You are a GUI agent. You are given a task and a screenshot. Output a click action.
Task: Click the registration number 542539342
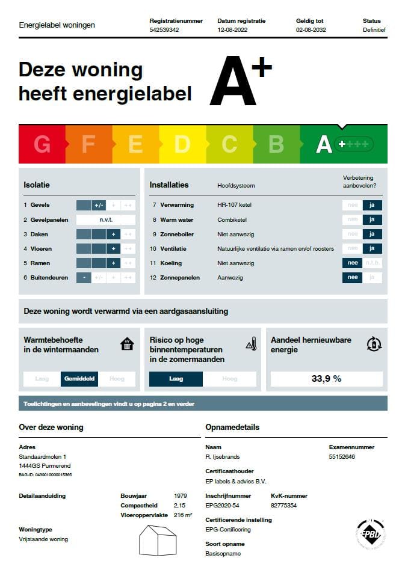click(x=164, y=29)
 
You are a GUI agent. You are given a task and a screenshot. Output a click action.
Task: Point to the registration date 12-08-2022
click(x=233, y=29)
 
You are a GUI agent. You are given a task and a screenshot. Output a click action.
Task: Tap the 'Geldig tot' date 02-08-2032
click(x=311, y=29)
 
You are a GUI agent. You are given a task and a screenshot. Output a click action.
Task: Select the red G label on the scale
click(x=42, y=144)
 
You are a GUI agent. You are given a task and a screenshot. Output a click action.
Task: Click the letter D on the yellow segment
click(x=182, y=144)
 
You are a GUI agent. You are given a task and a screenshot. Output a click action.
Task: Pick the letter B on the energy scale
click(x=276, y=144)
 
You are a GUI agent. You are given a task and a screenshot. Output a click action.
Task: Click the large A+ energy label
click(x=240, y=82)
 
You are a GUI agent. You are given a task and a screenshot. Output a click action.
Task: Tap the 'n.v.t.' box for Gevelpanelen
click(x=106, y=219)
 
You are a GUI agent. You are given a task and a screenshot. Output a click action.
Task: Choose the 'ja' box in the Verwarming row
click(x=372, y=205)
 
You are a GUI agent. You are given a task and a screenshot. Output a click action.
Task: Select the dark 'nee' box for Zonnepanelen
click(x=353, y=277)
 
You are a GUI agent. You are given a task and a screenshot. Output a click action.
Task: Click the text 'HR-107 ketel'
click(x=234, y=206)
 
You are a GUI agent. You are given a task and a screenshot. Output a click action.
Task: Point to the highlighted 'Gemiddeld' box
click(x=79, y=379)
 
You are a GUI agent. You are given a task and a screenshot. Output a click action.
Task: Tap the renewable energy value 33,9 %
click(x=326, y=379)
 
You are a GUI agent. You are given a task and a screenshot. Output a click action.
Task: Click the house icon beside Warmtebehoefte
click(x=127, y=344)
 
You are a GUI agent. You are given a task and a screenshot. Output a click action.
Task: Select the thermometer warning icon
click(x=251, y=345)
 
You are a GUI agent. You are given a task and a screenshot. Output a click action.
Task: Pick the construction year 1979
click(x=179, y=496)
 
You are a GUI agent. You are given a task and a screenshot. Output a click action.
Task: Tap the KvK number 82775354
click(x=284, y=506)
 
